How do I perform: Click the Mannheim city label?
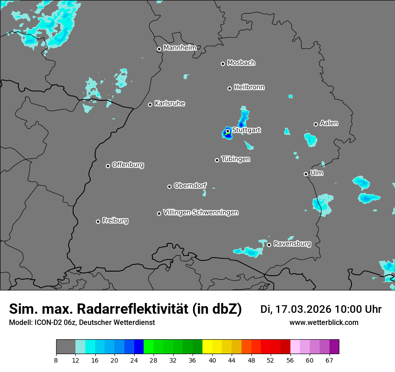coord(180,48)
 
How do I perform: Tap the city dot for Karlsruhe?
coord(150,104)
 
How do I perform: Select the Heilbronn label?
coord(249,87)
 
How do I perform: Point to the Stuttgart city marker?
coord(228,131)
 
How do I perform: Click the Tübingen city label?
coord(236,159)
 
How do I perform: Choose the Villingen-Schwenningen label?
coord(201,212)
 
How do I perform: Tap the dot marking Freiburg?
coord(98,221)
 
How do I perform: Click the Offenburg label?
coord(128,164)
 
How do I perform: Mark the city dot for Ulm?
coord(306,174)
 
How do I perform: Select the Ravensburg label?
coord(292,244)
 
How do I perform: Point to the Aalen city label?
coord(329,123)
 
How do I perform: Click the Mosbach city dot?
coord(223,64)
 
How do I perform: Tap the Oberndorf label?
coord(190,186)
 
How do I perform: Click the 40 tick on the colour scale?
coord(212,360)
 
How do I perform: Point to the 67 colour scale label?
coord(329,360)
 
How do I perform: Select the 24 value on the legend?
coord(134,360)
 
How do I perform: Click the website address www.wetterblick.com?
coord(324,322)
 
